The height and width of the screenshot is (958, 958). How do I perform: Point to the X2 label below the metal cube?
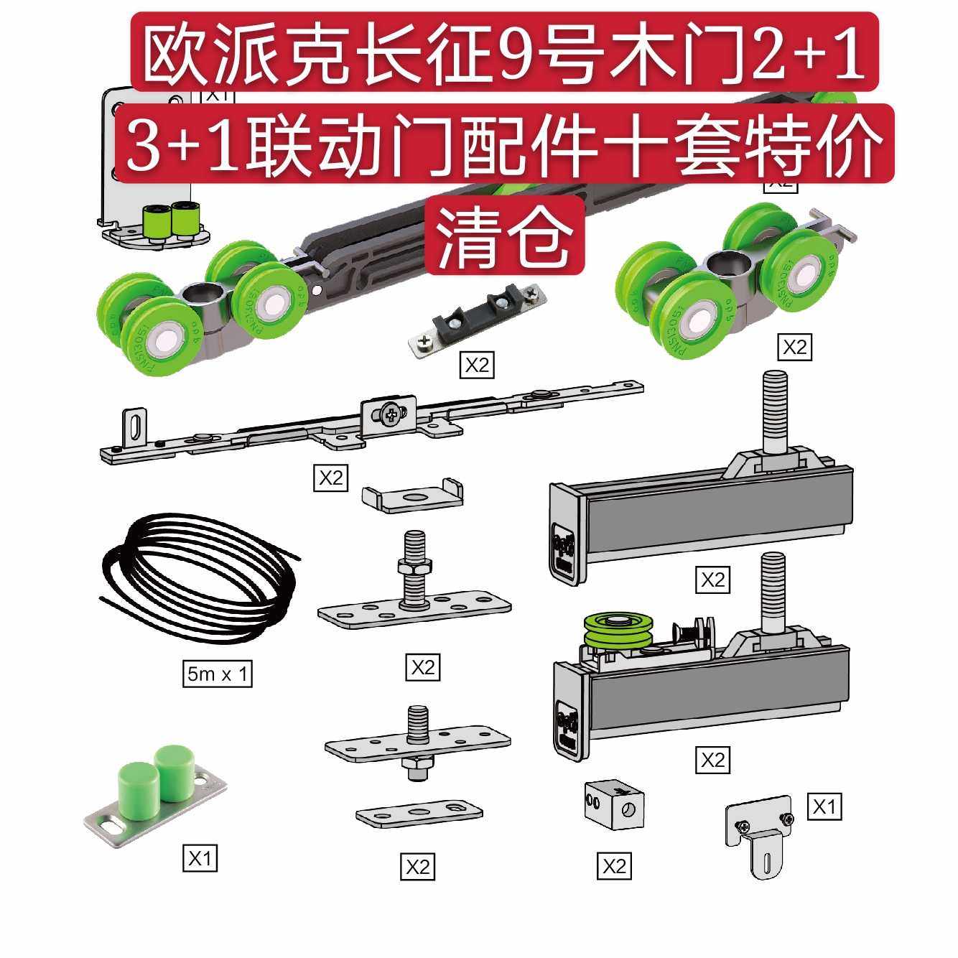coord(615,865)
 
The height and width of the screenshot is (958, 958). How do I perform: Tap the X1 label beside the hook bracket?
coord(824,807)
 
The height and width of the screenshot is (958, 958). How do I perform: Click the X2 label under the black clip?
coord(478,366)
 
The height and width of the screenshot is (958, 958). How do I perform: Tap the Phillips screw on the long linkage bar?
coord(390,414)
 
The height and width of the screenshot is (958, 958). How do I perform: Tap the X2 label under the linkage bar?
coord(331,477)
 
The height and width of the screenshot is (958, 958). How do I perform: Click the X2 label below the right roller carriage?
coord(794,348)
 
